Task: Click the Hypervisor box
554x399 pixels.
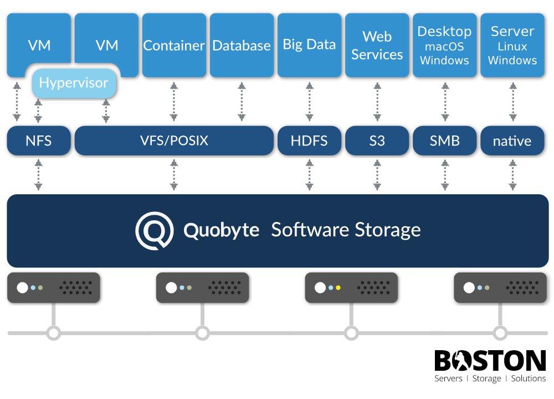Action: coord(73,83)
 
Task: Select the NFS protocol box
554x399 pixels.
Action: coord(39,141)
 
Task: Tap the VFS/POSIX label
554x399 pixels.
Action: coord(174,140)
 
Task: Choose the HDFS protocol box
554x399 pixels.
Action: coord(309,141)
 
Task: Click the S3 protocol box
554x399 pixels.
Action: coord(377,141)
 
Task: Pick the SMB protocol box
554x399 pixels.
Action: coord(444,141)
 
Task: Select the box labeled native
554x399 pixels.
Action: coord(512,141)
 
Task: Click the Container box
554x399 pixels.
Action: coord(174,46)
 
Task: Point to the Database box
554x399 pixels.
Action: coord(242,46)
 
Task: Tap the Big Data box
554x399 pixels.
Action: coord(309,44)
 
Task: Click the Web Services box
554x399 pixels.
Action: coord(377,46)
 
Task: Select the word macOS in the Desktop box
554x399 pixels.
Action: coord(444,47)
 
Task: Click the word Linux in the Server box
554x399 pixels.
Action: coord(512,47)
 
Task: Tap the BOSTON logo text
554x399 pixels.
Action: coord(490,361)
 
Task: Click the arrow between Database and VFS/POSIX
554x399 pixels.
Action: coord(242,102)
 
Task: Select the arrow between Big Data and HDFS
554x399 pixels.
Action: coord(309,102)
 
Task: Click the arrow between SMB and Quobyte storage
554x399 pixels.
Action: coord(444,175)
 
